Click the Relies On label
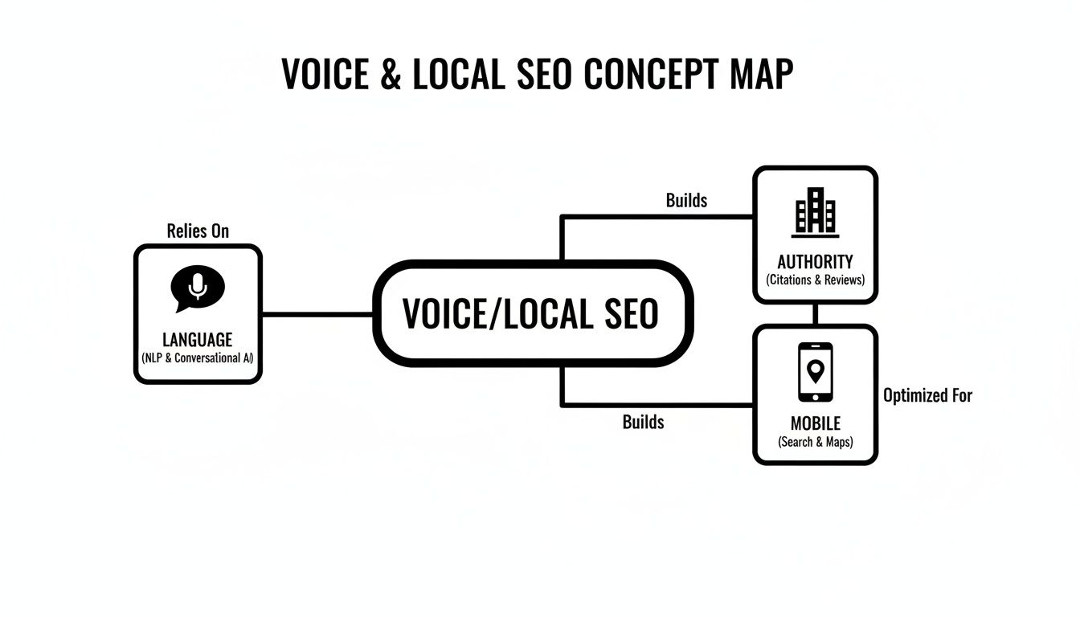click(x=198, y=231)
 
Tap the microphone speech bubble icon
click(x=198, y=288)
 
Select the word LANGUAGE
click(x=198, y=340)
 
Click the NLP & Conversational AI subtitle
click(x=198, y=358)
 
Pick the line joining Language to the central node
click(x=317, y=314)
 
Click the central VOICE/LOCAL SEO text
click(x=530, y=313)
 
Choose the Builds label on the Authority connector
click(x=686, y=200)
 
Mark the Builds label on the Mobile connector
click(x=643, y=422)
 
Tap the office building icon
click(x=815, y=212)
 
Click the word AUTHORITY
click(x=815, y=262)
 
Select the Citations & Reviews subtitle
click(x=815, y=280)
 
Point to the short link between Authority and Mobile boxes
click(x=815, y=314)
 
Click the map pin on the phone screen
click(x=815, y=370)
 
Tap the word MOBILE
click(x=815, y=423)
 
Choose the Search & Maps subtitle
click(x=815, y=442)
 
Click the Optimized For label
click(x=927, y=395)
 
